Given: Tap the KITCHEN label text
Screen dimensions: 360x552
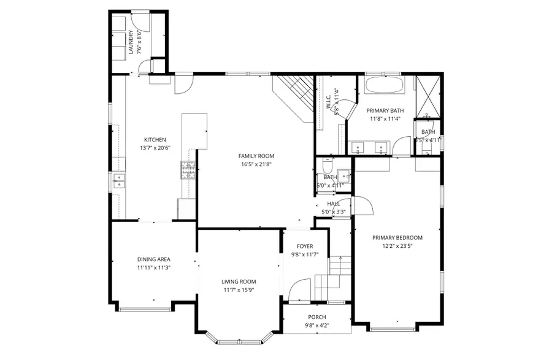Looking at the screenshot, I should point(155,139).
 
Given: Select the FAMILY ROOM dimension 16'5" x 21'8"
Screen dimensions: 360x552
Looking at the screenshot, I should point(256,165).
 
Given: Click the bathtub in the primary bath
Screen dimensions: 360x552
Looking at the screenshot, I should point(385,85).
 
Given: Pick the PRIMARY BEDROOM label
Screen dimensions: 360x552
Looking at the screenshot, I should point(397,237).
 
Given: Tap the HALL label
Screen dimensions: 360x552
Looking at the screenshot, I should point(333,204).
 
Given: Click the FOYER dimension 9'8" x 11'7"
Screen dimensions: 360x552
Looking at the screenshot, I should point(305,255).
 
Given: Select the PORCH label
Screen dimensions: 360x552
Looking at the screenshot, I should point(316,317).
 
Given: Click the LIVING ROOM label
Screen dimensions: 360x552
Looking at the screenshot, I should point(239,282).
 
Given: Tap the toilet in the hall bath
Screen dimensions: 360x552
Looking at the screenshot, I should point(326,167).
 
